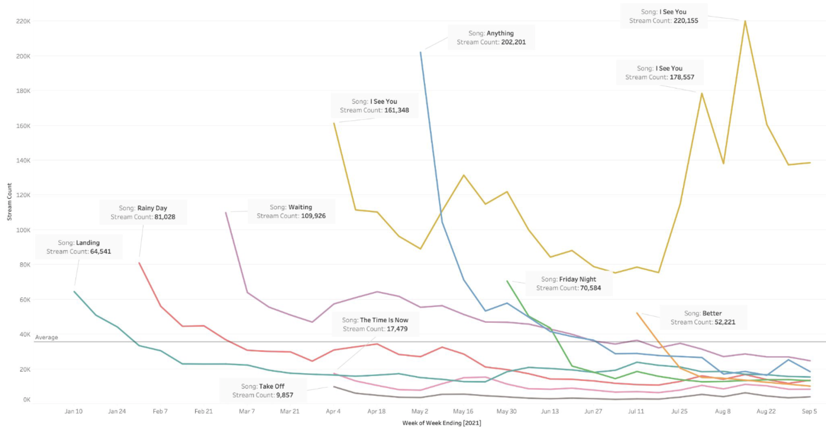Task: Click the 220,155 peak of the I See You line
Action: point(745,21)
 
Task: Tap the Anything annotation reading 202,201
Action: point(491,38)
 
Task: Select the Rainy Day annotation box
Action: point(143,212)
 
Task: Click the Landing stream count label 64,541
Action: point(100,252)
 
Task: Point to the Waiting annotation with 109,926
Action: point(291,211)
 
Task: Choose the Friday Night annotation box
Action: point(568,284)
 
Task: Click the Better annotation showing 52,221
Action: point(703,318)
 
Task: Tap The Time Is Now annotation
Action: point(375,324)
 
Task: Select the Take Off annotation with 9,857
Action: point(263,391)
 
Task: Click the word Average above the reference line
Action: point(47,337)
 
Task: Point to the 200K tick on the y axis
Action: point(23,56)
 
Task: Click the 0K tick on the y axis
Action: point(27,400)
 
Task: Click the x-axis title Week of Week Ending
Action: point(442,423)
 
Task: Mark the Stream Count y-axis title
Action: point(9,202)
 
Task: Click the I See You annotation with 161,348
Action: point(374,106)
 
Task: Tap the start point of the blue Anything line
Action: point(420,52)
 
